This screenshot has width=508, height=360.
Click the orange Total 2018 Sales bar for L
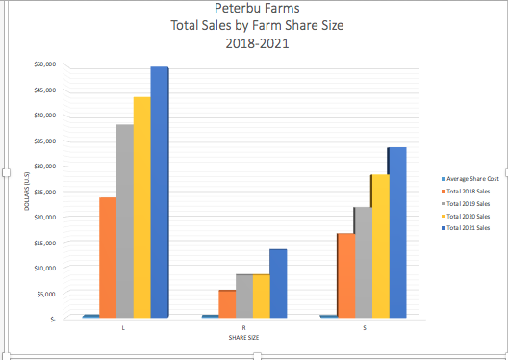click(x=108, y=257)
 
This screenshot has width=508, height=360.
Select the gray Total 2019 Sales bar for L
click(x=125, y=221)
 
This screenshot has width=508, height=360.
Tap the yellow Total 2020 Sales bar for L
click(x=142, y=207)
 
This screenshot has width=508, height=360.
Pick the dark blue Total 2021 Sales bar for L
click(x=160, y=192)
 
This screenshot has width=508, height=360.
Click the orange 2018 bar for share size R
click(x=227, y=303)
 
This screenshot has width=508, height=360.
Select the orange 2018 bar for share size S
click(x=345, y=275)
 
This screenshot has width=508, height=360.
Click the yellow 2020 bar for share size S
click(x=380, y=245)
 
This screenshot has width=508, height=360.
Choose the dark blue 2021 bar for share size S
click(x=397, y=232)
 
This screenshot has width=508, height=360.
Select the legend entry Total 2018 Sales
click(x=469, y=192)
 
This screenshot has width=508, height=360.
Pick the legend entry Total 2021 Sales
click(x=469, y=228)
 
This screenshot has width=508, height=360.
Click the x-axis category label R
click(x=243, y=327)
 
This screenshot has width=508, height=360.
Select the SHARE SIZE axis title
click(x=243, y=337)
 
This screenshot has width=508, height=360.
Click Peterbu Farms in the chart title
click(x=256, y=10)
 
